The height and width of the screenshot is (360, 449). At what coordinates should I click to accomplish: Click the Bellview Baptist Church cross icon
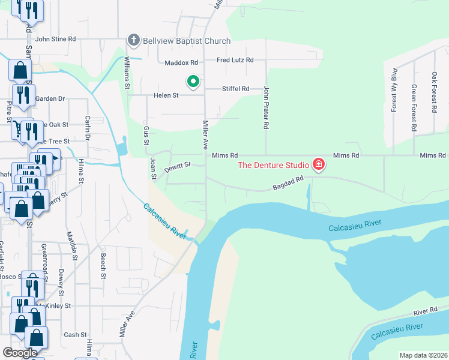(x=133, y=41)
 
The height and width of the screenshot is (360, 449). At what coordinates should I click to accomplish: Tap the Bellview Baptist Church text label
(x=186, y=41)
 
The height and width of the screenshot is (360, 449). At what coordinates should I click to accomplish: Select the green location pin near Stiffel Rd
(x=193, y=81)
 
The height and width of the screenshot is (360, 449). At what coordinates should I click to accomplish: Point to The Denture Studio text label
(x=273, y=165)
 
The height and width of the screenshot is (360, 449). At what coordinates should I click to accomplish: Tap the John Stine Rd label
(x=55, y=39)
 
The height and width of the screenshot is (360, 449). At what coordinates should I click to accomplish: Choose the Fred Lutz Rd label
(x=235, y=60)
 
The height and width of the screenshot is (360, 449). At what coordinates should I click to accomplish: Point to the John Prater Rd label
(x=265, y=107)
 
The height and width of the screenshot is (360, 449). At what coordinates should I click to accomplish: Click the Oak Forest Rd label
(x=434, y=93)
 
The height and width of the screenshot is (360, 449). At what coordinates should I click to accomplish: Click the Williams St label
(x=127, y=74)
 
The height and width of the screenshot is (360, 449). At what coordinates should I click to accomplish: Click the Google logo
(x=20, y=353)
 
